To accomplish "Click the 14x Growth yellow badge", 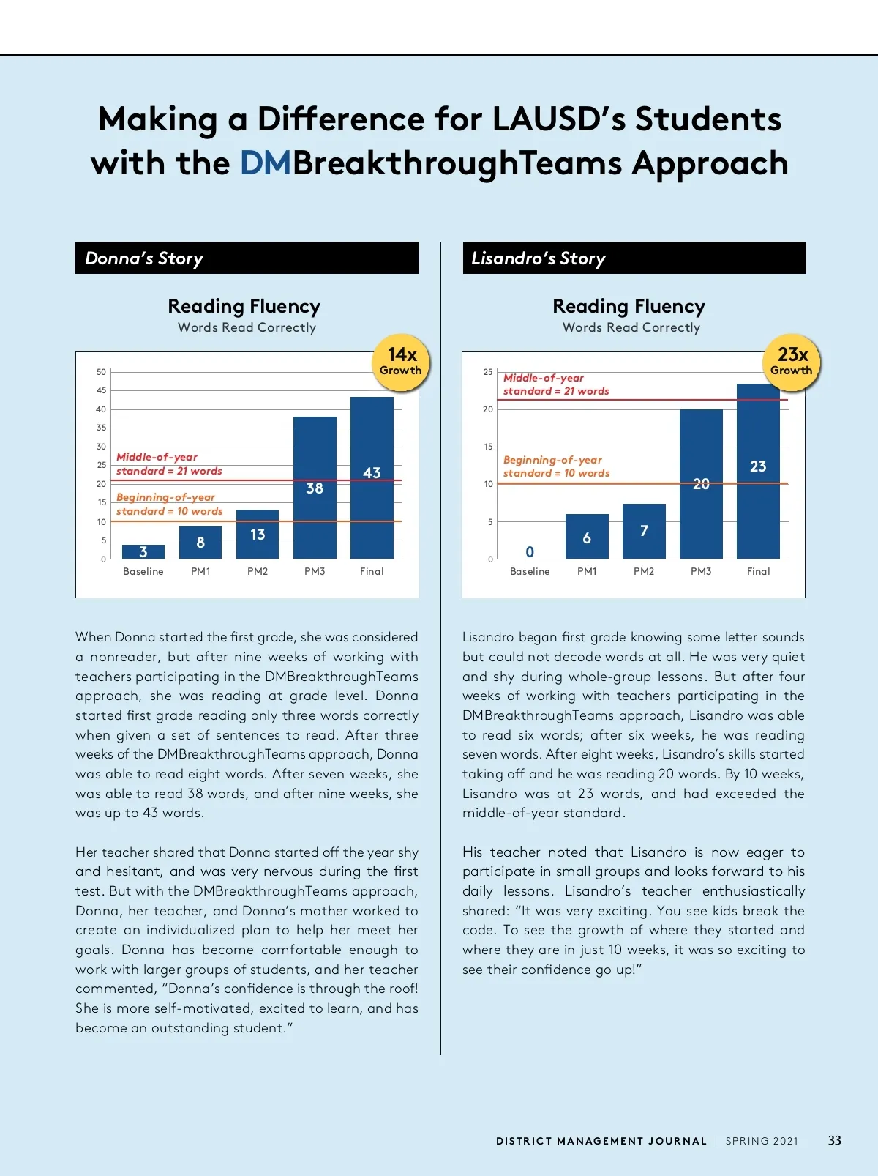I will click(402, 362).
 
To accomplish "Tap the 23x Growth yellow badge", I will click(792, 362).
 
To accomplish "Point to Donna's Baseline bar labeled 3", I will click(143, 551).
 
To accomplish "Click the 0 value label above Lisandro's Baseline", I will click(530, 551).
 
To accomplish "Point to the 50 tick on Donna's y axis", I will click(101, 372).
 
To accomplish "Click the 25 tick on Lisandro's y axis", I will click(488, 372).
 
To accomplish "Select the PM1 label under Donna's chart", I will click(200, 571).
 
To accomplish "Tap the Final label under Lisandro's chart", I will click(758, 571).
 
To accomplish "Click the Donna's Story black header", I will click(247, 258).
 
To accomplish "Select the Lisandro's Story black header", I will click(634, 258).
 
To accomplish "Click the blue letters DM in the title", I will click(266, 163).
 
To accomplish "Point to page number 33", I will click(835, 1140).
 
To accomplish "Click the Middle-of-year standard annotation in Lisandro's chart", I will click(556, 384).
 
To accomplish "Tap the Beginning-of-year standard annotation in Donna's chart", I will click(169, 504).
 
